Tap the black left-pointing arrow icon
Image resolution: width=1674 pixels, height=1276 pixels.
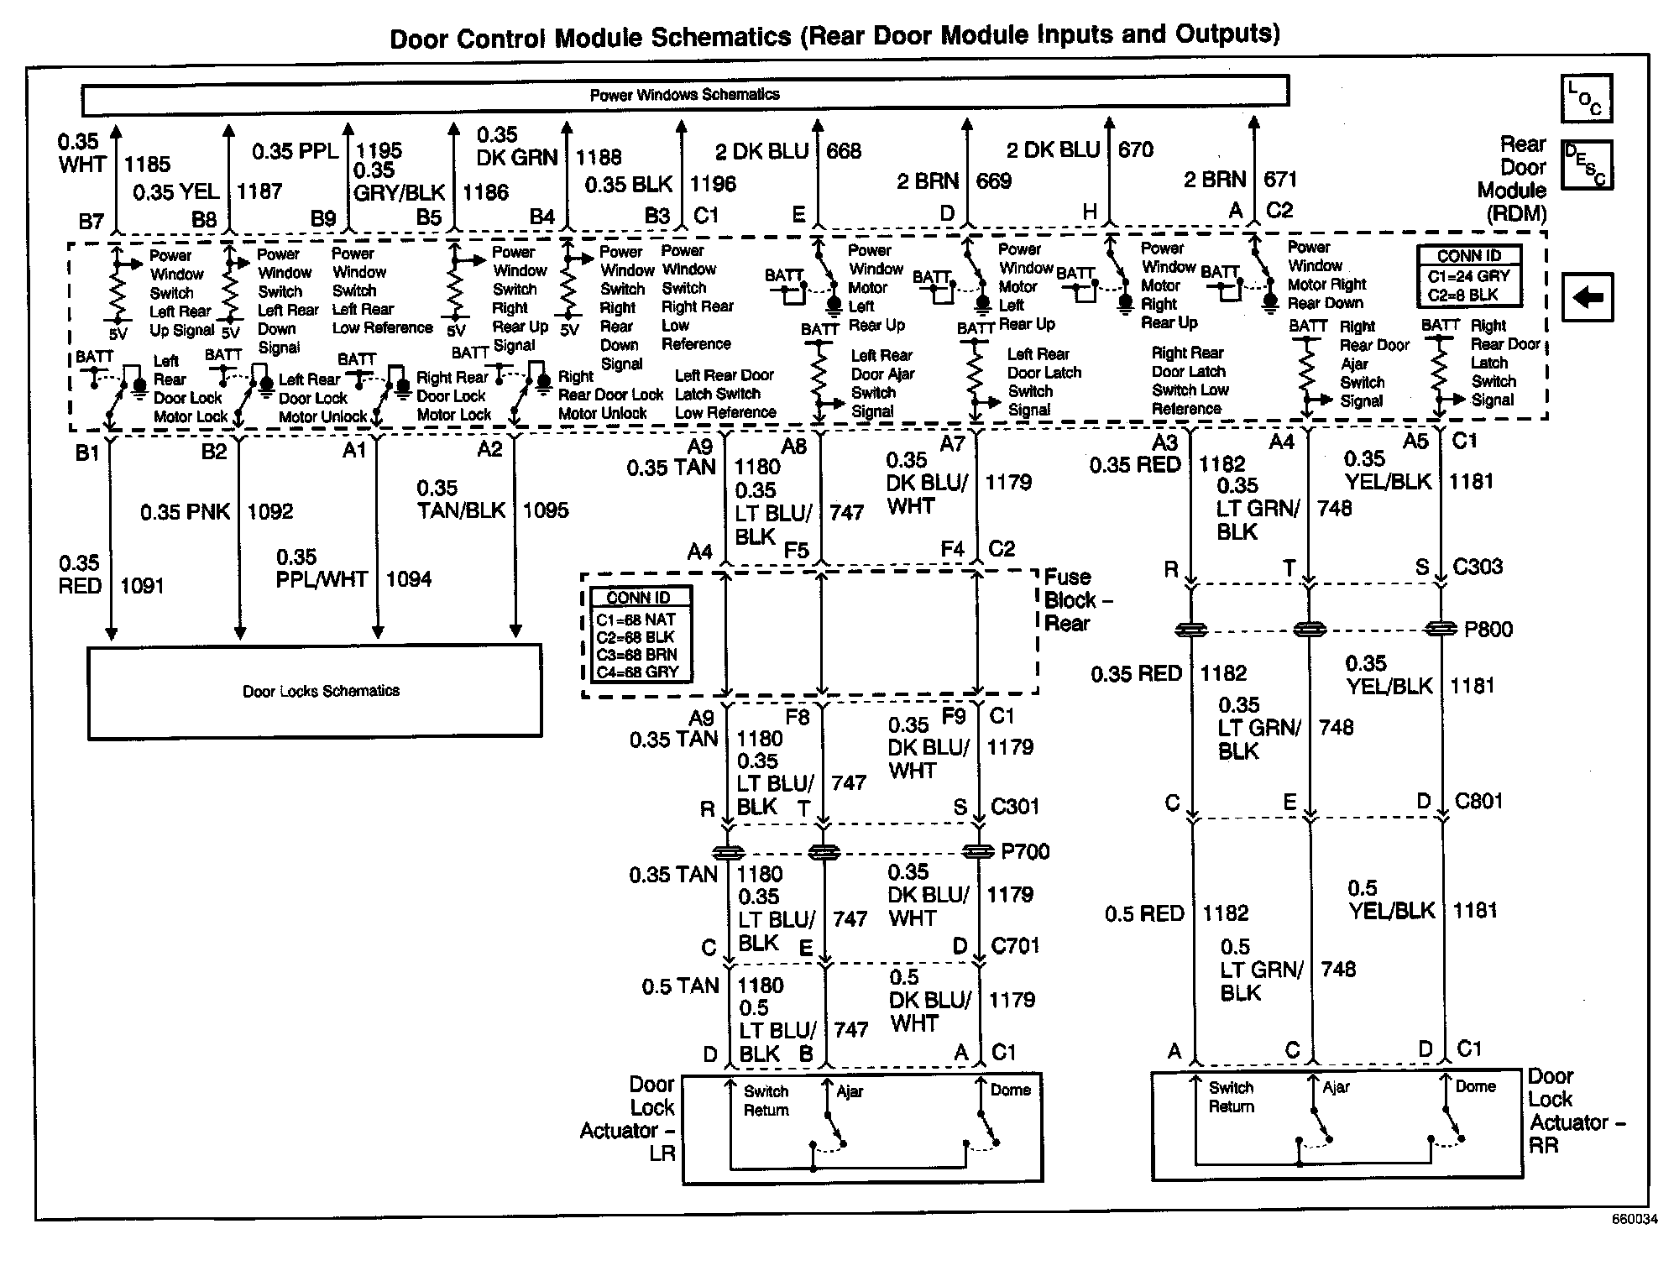point(1587,297)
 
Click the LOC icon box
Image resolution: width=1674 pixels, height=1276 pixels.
point(1585,99)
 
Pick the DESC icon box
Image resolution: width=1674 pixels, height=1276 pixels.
point(1585,165)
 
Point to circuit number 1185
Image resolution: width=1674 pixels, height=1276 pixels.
point(147,165)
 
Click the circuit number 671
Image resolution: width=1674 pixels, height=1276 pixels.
point(1280,179)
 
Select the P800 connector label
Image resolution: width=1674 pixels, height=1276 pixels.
point(1488,630)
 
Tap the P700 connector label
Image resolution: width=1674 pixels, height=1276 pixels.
point(1025,852)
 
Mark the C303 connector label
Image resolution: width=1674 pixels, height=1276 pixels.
point(1478,567)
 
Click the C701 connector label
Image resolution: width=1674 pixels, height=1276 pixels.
point(1015,946)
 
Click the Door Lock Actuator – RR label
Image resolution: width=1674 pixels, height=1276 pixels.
point(1576,1111)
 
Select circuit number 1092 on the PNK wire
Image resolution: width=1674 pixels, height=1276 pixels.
point(269,511)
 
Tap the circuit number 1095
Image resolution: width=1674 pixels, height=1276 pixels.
point(545,510)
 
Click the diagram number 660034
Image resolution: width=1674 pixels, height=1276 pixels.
point(1634,1243)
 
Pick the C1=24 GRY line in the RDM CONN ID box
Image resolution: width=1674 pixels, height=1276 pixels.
point(1468,276)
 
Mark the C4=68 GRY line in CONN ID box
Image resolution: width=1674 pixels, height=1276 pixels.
point(637,672)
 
